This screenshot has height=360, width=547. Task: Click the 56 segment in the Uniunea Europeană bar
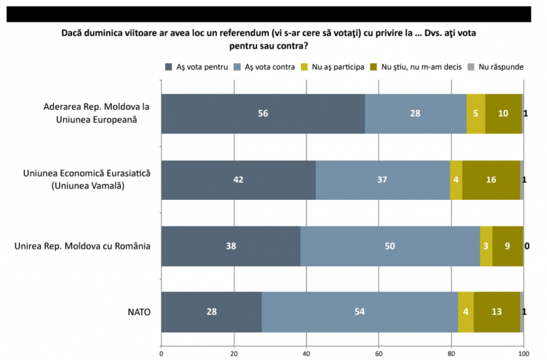click(263, 113)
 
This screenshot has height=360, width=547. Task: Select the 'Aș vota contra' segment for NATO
click(360, 312)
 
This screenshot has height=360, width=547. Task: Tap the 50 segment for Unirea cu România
click(390, 246)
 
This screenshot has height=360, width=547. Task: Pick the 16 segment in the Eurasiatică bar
click(491, 180)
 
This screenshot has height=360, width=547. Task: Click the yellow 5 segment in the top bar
click(476, 113)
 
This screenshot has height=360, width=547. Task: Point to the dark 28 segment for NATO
click(212, 312)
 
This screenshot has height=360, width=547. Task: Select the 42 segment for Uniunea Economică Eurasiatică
click(239, 180)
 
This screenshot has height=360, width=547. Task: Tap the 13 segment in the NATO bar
click(497, 312)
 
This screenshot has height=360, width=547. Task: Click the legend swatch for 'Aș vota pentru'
click(169, 67)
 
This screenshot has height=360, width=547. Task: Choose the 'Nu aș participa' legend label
click(338, 67)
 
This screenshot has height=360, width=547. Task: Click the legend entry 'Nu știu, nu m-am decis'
click(416, 67)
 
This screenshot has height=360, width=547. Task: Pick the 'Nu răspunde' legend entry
click(496, 67)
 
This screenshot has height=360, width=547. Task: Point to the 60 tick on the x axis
click(379, 354)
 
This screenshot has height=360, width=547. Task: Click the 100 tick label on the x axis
click(524, 354)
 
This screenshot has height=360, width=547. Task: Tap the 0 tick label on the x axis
click(162, 354)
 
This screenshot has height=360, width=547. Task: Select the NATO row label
click(139, 312)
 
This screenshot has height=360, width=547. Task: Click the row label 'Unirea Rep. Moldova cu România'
click(83, 247)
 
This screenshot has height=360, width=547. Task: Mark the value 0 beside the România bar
click(527, 247)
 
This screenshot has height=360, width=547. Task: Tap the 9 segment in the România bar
click(508, 246)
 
